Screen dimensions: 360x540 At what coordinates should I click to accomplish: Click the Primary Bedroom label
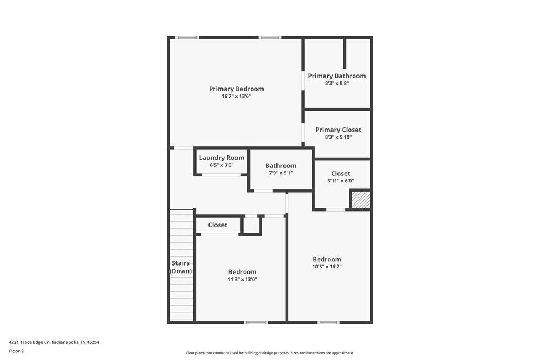coord(236,89)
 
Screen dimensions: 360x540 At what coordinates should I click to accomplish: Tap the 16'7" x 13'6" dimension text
coord(236,97)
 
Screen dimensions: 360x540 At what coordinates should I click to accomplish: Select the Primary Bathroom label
coord(337,76)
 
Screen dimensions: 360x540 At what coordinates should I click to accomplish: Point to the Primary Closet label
coord(338,130)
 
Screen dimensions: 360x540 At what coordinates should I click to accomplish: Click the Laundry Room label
coord(221,158)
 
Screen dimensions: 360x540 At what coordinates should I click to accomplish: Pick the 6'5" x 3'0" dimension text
coord(221,165)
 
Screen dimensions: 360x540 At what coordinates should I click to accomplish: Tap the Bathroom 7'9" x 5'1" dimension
coord(281,173)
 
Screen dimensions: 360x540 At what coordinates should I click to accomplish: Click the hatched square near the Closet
coord(361,200)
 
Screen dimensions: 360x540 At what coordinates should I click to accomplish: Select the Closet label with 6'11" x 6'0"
coord(340,173)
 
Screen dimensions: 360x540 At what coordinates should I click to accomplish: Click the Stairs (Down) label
coord(181,267)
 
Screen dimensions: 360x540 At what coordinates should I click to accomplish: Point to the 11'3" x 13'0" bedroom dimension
coord(242,279)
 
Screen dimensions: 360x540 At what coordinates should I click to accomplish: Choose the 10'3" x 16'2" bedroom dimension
coord(327,266)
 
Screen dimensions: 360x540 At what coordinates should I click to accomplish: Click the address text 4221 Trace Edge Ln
coord(54,342)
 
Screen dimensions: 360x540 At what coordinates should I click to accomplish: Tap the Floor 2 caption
coord(16,351)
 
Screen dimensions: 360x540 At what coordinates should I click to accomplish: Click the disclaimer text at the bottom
coord(270,353)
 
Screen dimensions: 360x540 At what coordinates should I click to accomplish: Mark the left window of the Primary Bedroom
coord(187,37)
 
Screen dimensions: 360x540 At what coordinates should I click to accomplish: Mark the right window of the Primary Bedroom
coord(269,37)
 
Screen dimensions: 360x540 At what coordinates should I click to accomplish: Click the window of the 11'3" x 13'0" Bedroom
coord(255,322)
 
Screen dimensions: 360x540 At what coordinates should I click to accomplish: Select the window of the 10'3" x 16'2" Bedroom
coord(328,322)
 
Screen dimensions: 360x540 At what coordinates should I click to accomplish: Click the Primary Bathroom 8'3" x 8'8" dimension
coord(337,83)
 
